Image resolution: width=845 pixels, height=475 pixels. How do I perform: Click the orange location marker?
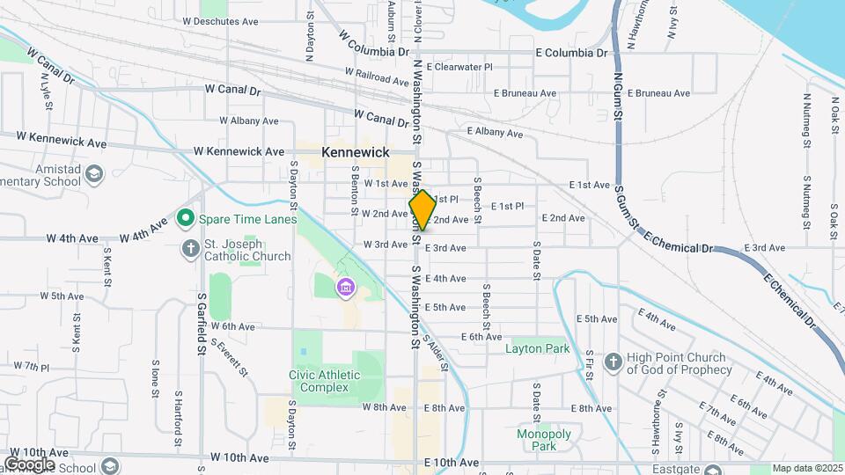[422, 210]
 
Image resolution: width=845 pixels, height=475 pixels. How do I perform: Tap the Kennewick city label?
[356, 152]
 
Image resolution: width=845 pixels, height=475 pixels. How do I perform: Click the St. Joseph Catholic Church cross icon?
[189, 248]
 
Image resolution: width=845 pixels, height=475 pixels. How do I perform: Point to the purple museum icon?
[345, 287]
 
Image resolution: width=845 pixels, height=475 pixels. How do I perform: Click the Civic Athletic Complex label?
[325, 381]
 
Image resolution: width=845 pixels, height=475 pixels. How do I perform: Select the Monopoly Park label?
[545, 440]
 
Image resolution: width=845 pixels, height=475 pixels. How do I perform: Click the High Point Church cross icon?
[614, 361]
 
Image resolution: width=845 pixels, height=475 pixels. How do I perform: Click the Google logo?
[29, 464]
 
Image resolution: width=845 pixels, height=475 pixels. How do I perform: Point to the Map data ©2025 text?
[807, 469]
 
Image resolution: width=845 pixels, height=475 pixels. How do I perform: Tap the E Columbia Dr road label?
[572, 53]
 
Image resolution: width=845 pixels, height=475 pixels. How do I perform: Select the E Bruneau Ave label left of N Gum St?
[525, 93]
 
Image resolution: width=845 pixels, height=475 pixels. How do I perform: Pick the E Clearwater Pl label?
[459, 67]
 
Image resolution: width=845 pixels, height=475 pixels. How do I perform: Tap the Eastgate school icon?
[712, 471]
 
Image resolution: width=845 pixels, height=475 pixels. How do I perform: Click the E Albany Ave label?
[496, 134]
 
